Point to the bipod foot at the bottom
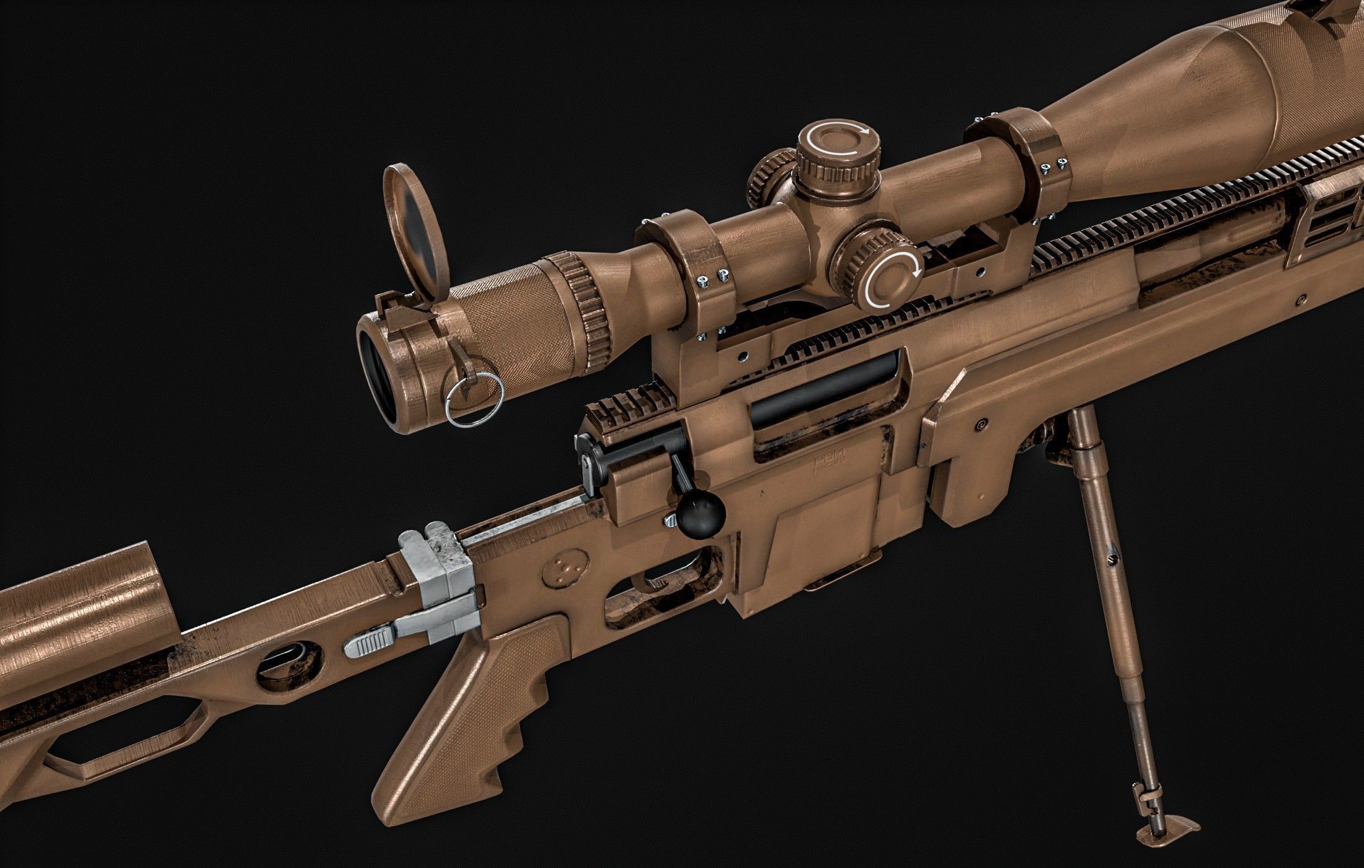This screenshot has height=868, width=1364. click(x=1166, y=822)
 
